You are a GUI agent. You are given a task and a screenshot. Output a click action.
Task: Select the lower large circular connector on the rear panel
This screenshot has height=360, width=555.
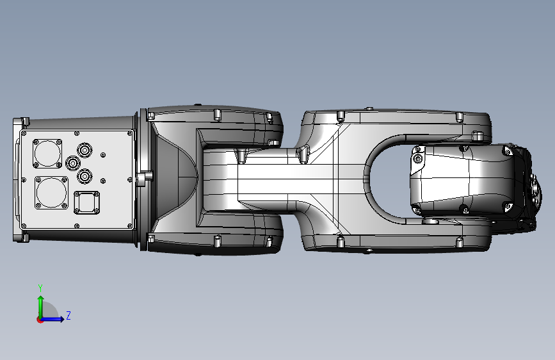click(x=49, y=192)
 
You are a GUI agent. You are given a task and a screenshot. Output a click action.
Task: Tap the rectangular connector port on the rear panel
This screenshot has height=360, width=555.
click(x=86, y=203)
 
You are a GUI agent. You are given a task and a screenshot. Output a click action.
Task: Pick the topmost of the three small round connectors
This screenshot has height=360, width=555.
click(x=84, y=150)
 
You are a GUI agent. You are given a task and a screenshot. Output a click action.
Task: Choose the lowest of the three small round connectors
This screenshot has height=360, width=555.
click(x=84, y=175)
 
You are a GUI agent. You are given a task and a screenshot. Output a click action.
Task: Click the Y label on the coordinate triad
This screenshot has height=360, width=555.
click(x=40, y=288)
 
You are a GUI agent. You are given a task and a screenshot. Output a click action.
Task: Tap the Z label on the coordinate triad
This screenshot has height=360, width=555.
click(x=68, y=316)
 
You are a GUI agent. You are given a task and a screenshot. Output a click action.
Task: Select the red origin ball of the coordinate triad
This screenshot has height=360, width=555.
click(x=40, y=319)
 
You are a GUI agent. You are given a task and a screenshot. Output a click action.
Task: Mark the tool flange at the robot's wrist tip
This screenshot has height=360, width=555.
click(x=535, y=187)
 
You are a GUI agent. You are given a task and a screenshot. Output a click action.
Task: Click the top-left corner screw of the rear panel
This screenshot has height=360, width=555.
click(x=24, y=134)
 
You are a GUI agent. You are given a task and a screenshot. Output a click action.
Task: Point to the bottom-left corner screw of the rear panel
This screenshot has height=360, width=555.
click(x=24, y=225)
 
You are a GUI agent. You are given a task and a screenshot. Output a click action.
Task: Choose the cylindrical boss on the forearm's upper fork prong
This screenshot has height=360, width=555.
click(x=477, y=136)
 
